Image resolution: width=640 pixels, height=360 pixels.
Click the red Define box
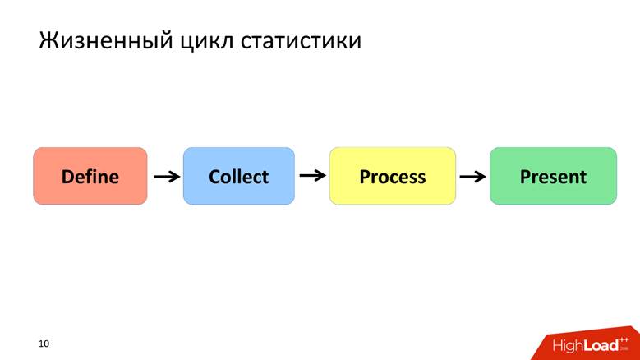pos(90,176)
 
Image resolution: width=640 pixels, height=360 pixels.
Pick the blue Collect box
pos(238,176)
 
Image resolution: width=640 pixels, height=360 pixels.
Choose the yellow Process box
pos(392,176)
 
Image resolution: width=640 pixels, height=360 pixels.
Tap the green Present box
pos(553,176)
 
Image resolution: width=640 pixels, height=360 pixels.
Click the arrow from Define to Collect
pos(167,176)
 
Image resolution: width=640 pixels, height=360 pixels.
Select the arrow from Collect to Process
pos(312,175)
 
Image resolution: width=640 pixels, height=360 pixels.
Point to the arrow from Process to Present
pos(472,176)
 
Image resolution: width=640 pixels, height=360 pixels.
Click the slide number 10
pos(44,343)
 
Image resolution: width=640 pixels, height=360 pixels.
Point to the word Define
pos(90,176)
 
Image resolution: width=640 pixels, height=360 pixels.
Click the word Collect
pos(238,176)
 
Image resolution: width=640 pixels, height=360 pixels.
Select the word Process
pos(392,176)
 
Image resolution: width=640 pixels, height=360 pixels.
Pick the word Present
pos(553,176)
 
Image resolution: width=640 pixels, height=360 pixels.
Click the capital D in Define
pos(68,176)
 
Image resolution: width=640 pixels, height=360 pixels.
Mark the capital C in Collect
pos(214,176)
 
